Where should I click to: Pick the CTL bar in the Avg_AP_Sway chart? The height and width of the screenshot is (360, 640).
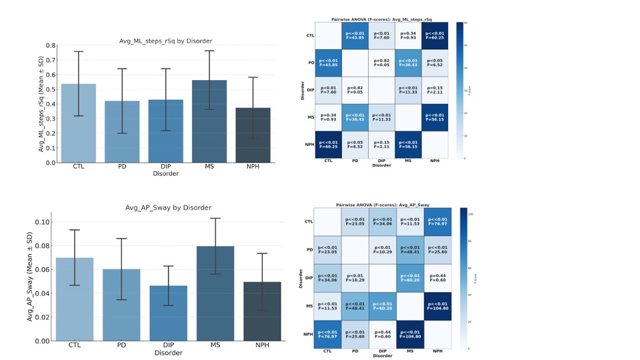75,299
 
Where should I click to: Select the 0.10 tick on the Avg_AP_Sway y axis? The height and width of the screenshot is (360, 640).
42,221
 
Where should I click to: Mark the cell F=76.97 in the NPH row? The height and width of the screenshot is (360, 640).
328,333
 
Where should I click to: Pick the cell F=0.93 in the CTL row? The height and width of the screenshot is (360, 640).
408,35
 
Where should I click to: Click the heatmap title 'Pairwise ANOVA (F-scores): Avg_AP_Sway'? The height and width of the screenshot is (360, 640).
381,206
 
